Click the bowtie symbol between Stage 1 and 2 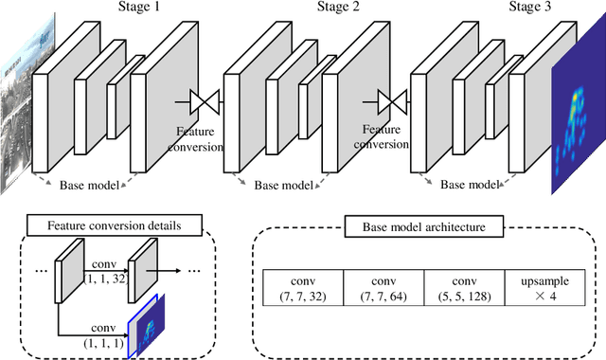point(203,99)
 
